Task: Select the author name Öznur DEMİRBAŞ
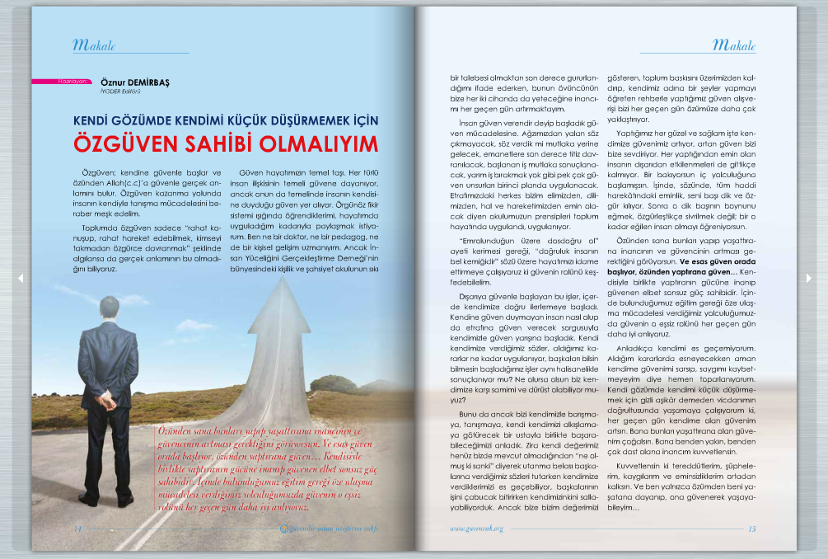(134, 82)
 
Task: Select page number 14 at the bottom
(77, 528)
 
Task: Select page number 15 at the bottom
(751, 528)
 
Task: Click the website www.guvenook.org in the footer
(476, 528)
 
